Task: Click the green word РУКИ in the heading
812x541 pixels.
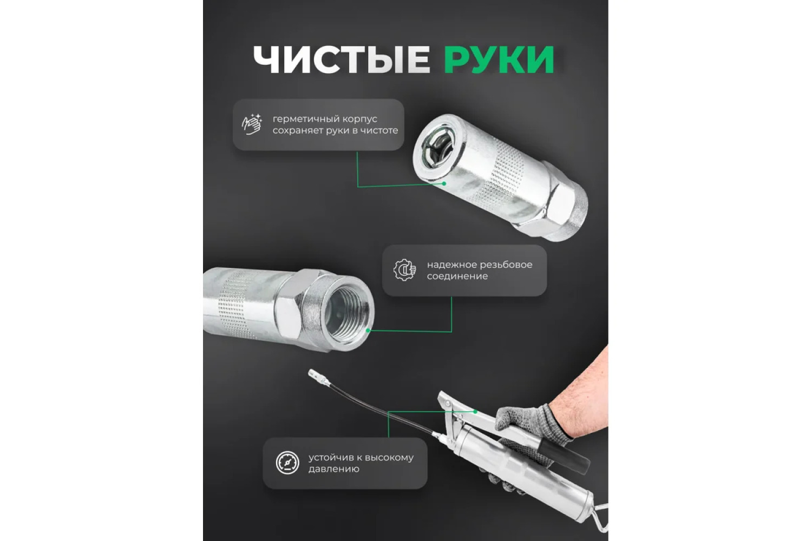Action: (499, 60)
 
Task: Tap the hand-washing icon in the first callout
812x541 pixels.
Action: (252, 124)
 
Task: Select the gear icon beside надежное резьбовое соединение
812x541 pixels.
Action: (404, 270)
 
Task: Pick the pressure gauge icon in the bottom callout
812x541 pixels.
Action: (287, 463)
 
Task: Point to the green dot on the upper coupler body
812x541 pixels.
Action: (444, 184)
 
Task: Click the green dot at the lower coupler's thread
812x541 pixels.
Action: (368, 331)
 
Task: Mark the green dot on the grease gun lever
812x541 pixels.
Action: (475, 412)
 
